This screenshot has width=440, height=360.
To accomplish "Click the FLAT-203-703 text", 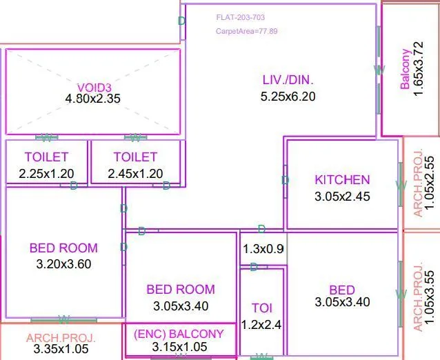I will click(240, 17).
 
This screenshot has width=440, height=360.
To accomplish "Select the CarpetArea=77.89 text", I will click(246, 31).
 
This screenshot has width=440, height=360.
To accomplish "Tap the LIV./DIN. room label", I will click(288, 80).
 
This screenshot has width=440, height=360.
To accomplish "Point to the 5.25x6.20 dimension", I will click(288, 97).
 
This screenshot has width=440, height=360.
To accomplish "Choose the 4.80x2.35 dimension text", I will click(92, 99).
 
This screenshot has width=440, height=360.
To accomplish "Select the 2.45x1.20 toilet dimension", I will click(135, 174).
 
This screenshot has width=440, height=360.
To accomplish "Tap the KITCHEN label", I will click(342, 180).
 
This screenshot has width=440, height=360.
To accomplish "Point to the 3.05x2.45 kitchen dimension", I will click(342, 196).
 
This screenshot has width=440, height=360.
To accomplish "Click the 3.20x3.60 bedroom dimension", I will click(63, 263).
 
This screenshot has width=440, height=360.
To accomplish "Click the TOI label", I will click(261, 308).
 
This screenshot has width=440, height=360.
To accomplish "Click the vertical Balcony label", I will click(406, 67).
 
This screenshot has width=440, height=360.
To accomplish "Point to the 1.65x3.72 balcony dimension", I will click(419, 67).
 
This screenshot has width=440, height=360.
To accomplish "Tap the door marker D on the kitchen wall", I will click(285, 181).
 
